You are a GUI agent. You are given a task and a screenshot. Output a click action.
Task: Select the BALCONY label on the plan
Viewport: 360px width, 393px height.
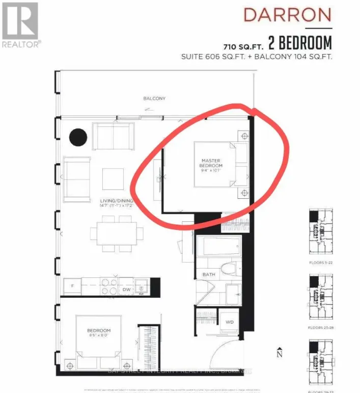pos(154,98)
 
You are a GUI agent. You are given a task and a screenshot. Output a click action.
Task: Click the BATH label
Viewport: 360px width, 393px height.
pos(209,275)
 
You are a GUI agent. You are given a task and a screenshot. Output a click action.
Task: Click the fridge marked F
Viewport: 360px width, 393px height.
pos(73,286)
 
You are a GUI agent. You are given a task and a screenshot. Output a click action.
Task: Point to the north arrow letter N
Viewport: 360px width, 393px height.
pos(279,353)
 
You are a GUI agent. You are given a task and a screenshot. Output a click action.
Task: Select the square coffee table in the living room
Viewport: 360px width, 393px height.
pos(113,179)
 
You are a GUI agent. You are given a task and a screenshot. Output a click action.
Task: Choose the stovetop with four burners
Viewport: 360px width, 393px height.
pos(108,286)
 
